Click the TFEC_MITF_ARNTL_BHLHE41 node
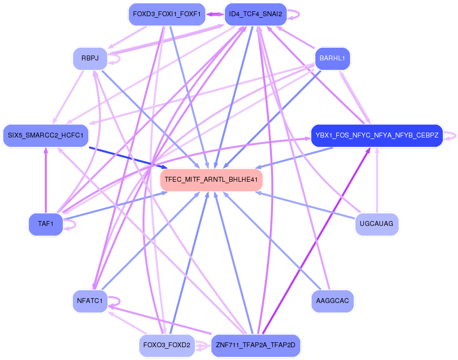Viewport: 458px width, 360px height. (212, 180)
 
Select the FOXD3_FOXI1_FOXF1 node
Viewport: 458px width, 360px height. (166, 14)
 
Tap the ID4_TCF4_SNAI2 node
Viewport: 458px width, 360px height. (255, 14)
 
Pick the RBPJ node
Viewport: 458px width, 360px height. (90, 58)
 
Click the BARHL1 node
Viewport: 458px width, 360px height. (332, 58)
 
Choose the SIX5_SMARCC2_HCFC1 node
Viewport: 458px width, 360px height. (46, 135)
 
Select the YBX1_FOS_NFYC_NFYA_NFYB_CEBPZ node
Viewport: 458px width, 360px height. (377, 135)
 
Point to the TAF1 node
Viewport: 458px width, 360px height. (46, 224)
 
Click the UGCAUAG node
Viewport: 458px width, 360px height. (376, 224)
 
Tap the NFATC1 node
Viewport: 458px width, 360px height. (89, 301)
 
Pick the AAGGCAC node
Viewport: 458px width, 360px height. (332, 301)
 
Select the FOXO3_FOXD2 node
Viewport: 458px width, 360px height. (167, 345)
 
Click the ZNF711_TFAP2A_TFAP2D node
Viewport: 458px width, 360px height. (255, 345)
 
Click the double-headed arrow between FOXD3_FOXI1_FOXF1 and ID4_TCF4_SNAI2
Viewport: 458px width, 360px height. (215, 14)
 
